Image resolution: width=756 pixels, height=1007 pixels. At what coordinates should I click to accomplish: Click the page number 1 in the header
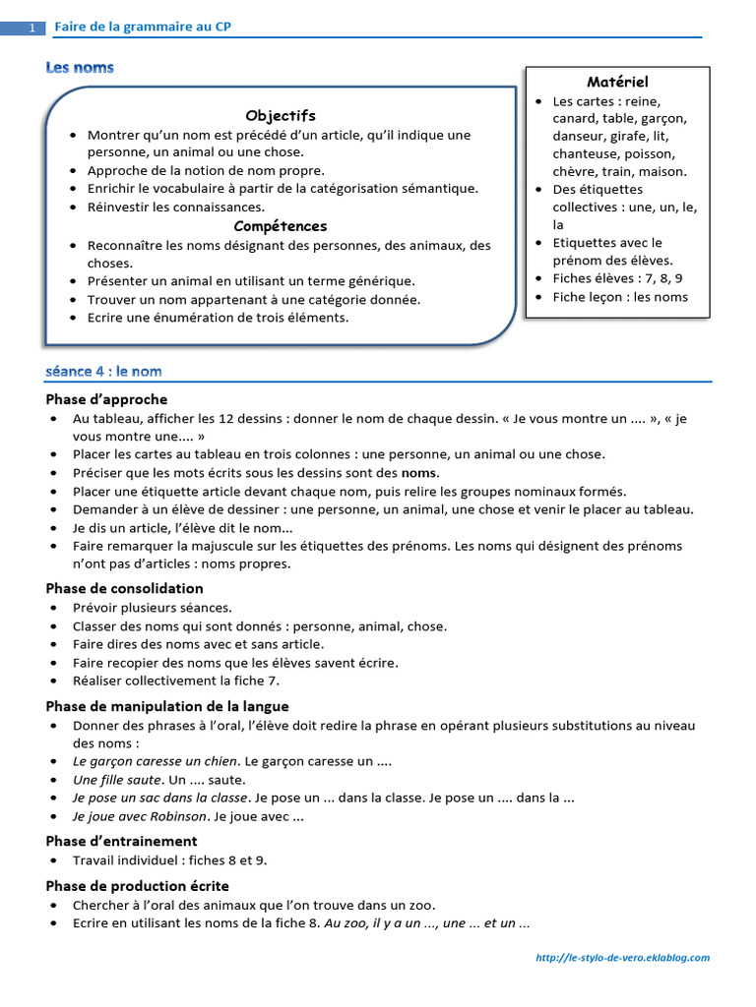coord(31,29)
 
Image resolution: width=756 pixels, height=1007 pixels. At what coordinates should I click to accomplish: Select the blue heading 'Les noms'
coord(80,68)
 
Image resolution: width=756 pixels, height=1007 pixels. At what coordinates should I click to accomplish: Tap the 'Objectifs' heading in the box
coord(281,115)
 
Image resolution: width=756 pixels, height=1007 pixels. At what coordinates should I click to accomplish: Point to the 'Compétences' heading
coord(281,226)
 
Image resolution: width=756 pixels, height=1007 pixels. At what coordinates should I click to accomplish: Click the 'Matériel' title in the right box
coord(617,82)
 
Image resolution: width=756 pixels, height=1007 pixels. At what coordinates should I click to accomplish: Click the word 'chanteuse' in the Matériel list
coord(586,153)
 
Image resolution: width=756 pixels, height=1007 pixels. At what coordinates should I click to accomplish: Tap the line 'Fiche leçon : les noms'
coord(620,297)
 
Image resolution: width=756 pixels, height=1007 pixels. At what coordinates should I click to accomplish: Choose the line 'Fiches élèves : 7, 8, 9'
coord(617,278)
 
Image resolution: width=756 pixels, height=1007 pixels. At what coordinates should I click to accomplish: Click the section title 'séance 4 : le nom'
coord(103,371)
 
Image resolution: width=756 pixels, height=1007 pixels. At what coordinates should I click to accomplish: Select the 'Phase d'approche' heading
coord(106,399)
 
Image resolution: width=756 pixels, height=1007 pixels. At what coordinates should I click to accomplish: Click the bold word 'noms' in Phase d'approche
coord(418,472)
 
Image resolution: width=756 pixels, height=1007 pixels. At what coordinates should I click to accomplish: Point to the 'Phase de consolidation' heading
coord(124,588)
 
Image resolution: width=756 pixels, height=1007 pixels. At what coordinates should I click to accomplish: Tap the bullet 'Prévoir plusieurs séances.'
coord(153,608)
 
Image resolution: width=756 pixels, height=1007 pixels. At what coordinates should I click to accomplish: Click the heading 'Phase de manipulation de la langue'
coord(166,706)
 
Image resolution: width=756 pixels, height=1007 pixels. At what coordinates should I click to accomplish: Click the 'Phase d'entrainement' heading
coord(121,841)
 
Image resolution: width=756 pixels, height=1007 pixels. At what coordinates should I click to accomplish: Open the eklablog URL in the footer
coord(622,957)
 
